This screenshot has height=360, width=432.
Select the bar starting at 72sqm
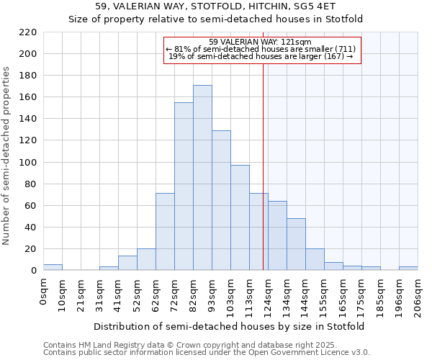[x=184, y=186]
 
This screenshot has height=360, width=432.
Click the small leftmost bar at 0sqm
[x=53, y=267]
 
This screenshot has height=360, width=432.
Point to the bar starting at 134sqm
[x=296, y=244]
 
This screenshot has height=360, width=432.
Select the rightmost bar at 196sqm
[x=408, y=269]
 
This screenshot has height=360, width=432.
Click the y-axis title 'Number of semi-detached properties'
[x=7, y=156]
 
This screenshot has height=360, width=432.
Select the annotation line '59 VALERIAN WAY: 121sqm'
[x=260, y=42]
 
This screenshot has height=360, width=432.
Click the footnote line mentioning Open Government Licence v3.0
[x=207, y=353]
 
